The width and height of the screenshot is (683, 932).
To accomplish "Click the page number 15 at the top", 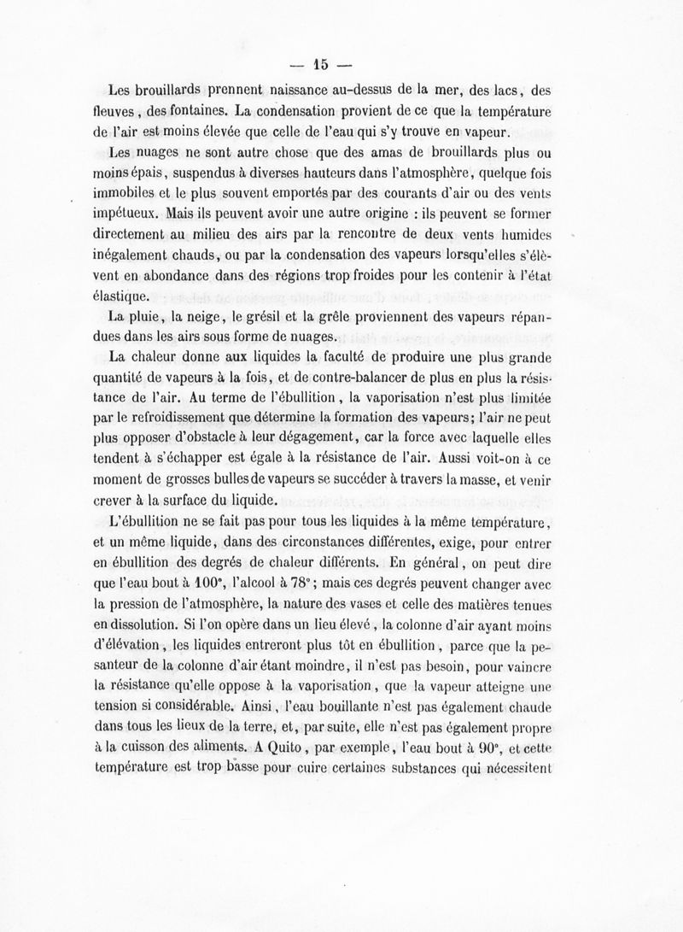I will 320,62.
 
